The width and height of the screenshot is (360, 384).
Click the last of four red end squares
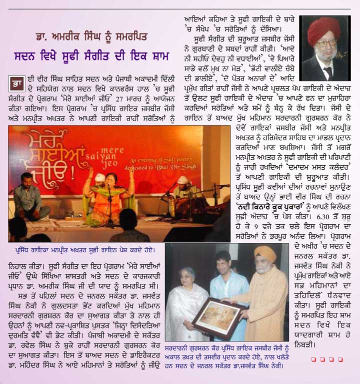(x=340, y=359)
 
